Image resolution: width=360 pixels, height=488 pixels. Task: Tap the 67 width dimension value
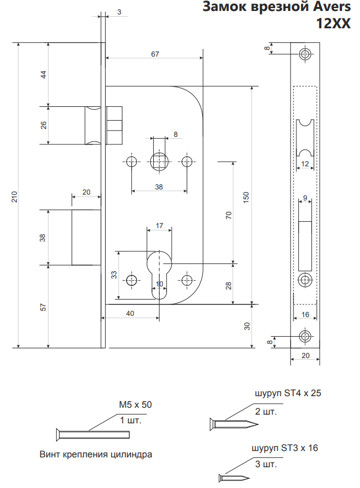(x=155, y=54)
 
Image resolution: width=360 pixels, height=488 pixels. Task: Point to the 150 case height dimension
(x=247, y=197)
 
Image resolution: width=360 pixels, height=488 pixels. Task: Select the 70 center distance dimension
(x=229, y=215)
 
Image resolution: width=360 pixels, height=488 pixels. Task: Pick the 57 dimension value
(x=43, y=307)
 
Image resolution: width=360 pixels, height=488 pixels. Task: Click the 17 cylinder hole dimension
(x=160, y=225)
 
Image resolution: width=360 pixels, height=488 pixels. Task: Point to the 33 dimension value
(x=114, y=275)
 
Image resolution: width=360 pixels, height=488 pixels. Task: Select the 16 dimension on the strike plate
(x=305, y=315)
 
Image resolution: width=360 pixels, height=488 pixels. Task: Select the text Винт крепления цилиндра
(x=96, y=454)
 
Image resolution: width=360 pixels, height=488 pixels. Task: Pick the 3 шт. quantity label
(x=265, y=463)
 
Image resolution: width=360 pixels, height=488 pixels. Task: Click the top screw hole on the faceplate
(x=305, y=55)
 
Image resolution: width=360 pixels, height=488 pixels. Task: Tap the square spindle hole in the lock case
(x=159, y=161)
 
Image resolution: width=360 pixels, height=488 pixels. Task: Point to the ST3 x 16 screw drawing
(x=234, y=478)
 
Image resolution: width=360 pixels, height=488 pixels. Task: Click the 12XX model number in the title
(x=333, y=24)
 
